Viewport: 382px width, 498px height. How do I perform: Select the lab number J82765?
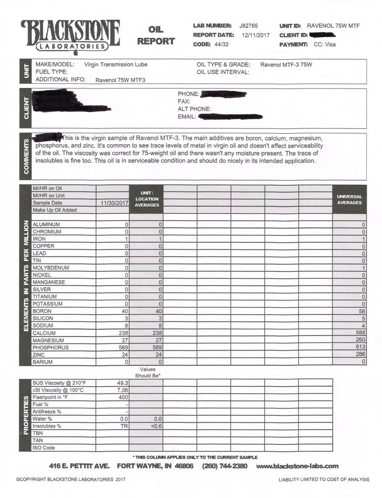click(249, 25)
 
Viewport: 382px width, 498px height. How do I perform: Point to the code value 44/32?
click(221, 44)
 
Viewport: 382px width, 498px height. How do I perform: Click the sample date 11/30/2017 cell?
click(113, 203)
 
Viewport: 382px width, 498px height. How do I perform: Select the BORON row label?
click(42, 311)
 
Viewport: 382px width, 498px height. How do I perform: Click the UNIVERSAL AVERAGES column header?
click(349, 199)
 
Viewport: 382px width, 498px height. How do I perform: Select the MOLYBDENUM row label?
click(50, 268)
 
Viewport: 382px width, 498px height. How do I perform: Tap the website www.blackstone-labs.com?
click(297, 466)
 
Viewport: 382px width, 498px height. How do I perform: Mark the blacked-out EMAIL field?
click(230, 117)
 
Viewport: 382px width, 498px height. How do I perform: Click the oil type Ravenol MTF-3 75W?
click(285, 65)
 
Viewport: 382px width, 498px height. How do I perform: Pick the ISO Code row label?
click(44, 448)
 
